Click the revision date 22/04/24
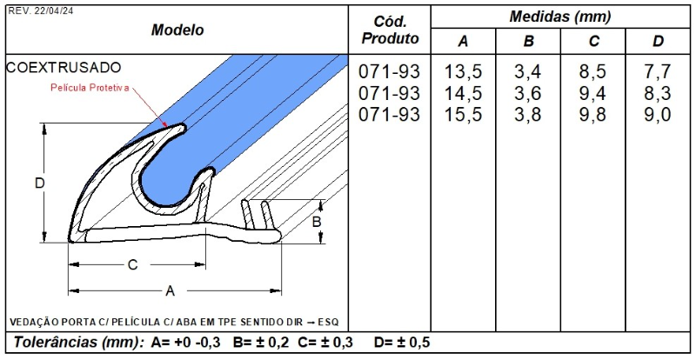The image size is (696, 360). (x=53, y=11)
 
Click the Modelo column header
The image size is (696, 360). (x=177, y=30)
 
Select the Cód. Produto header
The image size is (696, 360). (x=390, y=30)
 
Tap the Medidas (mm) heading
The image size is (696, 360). (x=559, y=17)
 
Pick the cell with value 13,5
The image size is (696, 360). (x=463, y=71)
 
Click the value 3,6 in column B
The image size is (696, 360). (x=528, y=93)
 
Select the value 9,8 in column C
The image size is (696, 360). (x=592, y=115)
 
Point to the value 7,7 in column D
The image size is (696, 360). (x=658, y=71)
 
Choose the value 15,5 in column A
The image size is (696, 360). (x=463, y=115)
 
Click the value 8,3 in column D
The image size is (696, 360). (x=658, y=93)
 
